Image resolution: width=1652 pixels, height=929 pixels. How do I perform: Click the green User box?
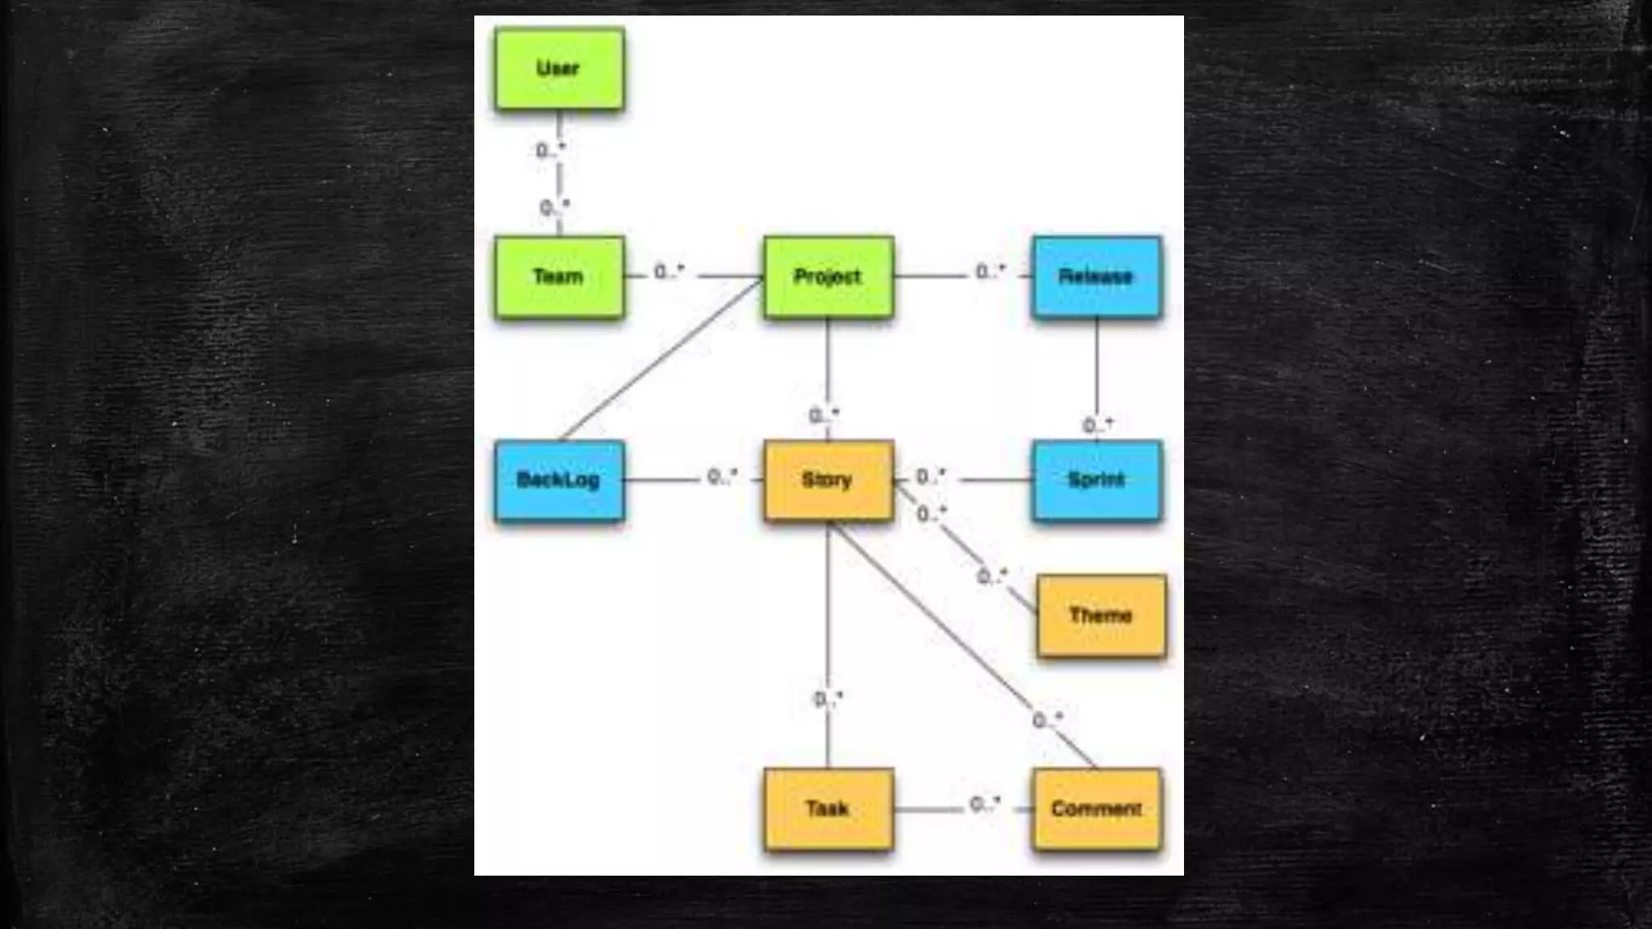click(x=559, y=69)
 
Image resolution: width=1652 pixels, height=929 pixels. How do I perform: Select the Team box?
click(x=559, y=277)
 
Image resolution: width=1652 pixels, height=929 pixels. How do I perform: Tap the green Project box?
click(x=828, y=277)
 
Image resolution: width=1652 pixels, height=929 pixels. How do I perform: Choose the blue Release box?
click(x=1096, y=277)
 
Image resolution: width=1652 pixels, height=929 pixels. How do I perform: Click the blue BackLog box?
click(x=559, y=481)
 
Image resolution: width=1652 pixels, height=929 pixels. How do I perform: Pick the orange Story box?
click(x=828, y=481)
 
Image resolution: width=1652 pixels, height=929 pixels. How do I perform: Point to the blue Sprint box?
click(x=1096, y=481)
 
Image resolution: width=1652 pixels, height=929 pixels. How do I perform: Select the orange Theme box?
click(x=1101, y=615)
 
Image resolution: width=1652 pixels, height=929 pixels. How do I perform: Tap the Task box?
click(x=828, y=809)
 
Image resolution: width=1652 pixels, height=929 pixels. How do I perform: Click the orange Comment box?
click(x=1096, y=809)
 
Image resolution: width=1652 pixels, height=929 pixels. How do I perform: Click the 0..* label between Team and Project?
click(x=669, y=272)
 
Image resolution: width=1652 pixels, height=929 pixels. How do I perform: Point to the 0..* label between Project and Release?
click(x=991, y=272)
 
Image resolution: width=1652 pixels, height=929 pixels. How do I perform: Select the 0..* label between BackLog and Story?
click(x=722, y=477)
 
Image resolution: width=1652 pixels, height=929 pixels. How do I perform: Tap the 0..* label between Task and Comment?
click(x=985, y=804)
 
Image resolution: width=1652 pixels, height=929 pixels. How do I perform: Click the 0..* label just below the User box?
click(x=551, y=150)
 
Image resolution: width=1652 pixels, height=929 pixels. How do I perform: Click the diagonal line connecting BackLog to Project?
click(x=661, y=359)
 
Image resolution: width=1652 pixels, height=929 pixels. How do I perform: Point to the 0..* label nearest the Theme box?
click(x=992, y=576)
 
